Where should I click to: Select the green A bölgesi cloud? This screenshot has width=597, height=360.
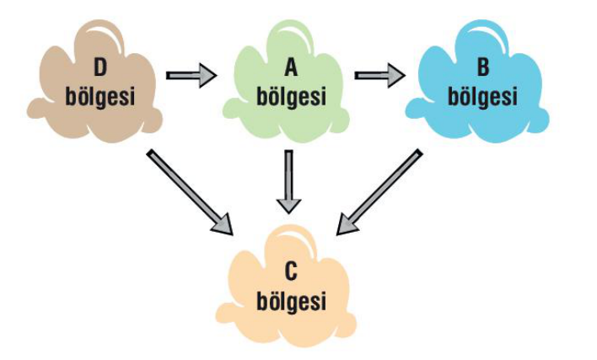(287, 84)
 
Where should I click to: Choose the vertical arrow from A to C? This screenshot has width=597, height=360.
(288, 181)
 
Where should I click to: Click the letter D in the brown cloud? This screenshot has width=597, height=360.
(100, 66)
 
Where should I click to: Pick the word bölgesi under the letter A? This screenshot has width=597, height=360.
(290, 96)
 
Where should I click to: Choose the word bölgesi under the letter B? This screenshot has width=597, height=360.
(482, 96)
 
